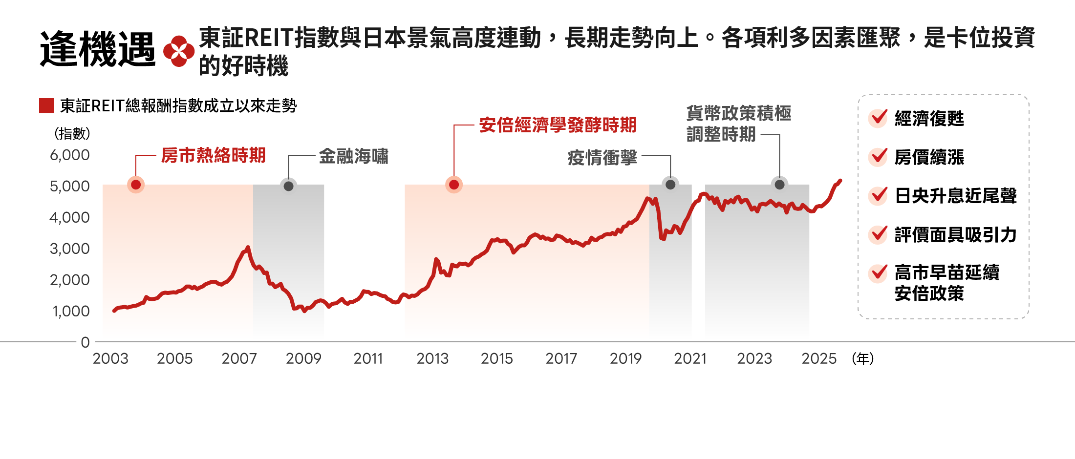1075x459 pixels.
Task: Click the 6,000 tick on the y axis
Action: point(70,155)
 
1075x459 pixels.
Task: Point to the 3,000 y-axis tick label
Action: point(70,249)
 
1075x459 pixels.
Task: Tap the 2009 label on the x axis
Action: point(303,359)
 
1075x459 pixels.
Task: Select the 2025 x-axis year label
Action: point(819,359)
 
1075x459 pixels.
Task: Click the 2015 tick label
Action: point(497,359)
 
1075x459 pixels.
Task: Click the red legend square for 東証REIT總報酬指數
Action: point(46,105)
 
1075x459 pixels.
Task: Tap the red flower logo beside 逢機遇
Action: point(178,51)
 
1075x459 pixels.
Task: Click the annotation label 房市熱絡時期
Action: point(213,155)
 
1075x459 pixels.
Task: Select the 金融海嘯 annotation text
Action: point(353,156)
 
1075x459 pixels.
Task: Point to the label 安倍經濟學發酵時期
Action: point(558,125)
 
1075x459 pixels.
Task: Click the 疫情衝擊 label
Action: point(602,157)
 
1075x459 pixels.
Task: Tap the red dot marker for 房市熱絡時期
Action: point(136,185)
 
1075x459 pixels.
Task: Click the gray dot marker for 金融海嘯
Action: point(288,186)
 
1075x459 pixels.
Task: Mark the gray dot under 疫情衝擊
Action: point(670,185)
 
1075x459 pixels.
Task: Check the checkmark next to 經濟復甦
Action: point(878,118)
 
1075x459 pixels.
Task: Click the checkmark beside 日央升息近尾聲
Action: point(878,195)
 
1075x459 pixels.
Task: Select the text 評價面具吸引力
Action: point(955,235)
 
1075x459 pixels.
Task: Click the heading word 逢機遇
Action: point(98,49)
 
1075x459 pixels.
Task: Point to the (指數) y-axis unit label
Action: point(72,133)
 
